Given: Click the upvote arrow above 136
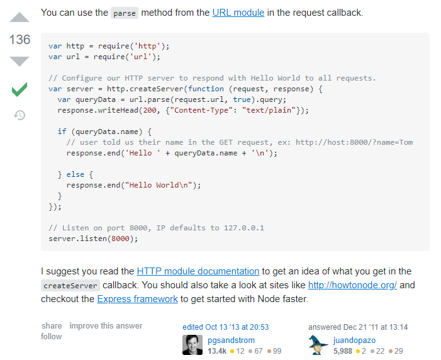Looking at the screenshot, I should [x=20, y=18].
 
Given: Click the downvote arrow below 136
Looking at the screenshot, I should [x=20, y=61].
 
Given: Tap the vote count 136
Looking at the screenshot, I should [x=20, y=40].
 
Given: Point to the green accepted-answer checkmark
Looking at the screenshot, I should [x=20, y=90].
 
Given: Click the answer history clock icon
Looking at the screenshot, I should [x=20, y=115].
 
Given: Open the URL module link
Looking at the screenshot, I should [x=238, y=13].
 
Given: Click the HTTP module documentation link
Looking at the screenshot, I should [x=198, y=271].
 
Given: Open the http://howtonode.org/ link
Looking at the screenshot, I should [x=352, y=285].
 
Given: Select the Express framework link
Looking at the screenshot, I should [x=137, y=299].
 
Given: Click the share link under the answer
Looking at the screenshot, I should [x=52, y=326].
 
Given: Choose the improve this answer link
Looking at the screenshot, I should [x=106, y=326].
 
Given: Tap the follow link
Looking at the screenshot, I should [x=52, y=337].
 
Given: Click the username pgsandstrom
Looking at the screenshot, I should [x=231, y=340].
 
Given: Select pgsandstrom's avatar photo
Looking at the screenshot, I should [x=193, y=345].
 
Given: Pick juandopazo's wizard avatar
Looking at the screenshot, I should [x=318, y=345].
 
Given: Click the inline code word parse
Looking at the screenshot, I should [x=124, y=13].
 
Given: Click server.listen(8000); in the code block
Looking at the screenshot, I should [x=92, y=239].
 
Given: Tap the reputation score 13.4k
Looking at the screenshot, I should [x=218, y=351].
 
